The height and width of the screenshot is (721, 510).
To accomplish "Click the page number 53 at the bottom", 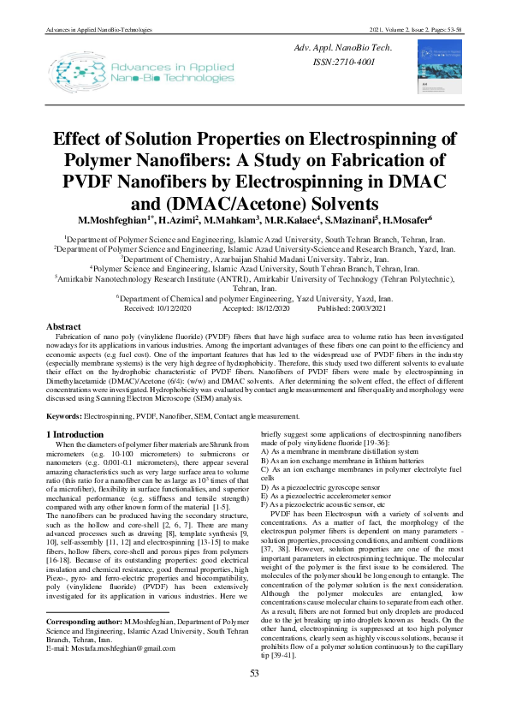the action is tap(254, 697).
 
